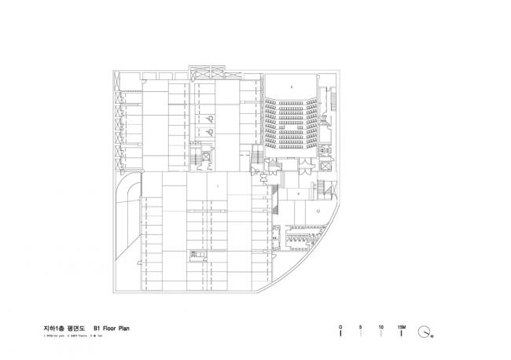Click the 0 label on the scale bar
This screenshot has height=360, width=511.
coord(340,325)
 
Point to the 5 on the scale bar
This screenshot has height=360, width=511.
coord(361,325)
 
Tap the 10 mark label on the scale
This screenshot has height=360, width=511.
coord(380,325)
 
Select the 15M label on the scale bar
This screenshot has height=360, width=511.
coord(402,325)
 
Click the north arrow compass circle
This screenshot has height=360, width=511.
coord(425,332)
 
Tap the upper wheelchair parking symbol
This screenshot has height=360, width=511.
coord(213,119)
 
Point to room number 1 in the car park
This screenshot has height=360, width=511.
coord(217,185)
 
